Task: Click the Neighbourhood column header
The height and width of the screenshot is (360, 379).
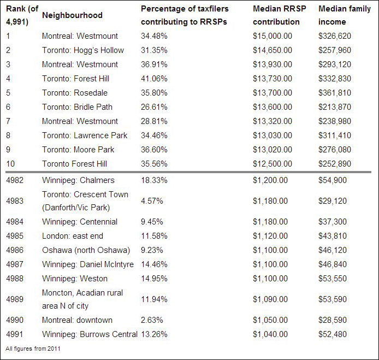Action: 72,15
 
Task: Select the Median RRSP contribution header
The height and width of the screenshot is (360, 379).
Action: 280,15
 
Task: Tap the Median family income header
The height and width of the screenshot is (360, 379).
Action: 345,15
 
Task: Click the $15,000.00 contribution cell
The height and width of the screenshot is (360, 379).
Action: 273,36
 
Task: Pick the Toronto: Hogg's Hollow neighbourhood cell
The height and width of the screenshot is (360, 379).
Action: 83,50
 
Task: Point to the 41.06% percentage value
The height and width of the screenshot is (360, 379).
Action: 154,79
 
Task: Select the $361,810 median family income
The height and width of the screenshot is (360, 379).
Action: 335,93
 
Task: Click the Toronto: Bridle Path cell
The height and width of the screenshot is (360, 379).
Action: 77,107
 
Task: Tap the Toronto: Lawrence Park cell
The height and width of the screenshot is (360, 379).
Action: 85,135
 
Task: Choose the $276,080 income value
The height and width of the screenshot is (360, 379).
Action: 335,150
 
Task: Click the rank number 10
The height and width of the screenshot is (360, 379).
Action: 10,164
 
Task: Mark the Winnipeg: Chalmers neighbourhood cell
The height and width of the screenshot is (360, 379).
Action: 78,180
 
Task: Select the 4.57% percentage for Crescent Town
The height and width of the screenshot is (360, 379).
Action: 152,201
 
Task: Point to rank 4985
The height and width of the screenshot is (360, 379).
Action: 15,236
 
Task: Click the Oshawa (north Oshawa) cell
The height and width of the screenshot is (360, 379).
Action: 86,250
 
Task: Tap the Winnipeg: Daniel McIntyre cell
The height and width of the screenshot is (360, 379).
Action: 88,264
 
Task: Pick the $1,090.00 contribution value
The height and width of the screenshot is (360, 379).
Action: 270,299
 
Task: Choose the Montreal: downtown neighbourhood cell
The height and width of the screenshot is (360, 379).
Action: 77,320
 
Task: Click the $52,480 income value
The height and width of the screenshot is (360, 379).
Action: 333,334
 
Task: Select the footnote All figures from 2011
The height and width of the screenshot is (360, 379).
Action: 33,349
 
